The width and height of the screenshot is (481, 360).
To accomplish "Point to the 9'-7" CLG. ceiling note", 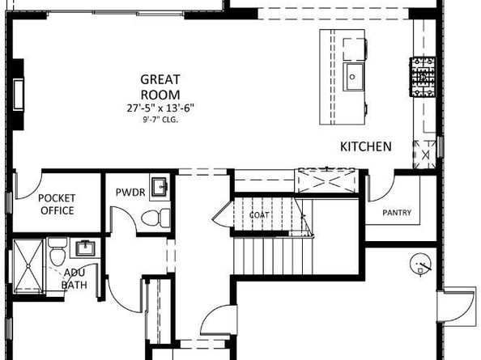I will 159,119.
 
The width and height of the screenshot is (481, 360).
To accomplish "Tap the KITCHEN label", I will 365,146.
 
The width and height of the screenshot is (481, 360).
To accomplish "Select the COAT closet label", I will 259,215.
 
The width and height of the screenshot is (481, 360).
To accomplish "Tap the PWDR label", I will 130,194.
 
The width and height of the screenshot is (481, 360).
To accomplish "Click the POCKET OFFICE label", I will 57,205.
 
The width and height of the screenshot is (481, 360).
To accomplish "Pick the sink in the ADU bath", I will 84,247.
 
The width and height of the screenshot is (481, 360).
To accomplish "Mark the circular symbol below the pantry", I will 420,262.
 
